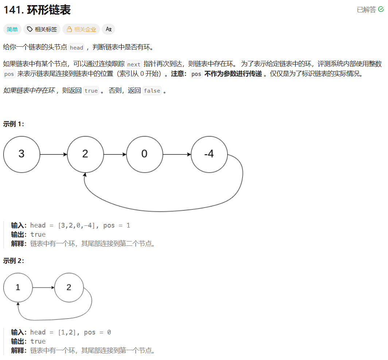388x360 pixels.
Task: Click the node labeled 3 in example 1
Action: (22, 154)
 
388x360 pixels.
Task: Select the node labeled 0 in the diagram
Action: (144, 154)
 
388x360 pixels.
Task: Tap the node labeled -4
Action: (209, 154)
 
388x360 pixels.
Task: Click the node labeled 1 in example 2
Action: (18, 287)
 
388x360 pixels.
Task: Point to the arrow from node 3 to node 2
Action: (54, 154)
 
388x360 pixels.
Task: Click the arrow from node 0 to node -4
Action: (177, 154)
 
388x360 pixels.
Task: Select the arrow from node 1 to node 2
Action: (43, 287)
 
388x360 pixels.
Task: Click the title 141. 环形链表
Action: (37, 10)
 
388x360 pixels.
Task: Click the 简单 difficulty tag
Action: (12, 29)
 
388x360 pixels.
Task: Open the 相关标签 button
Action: (42, 29)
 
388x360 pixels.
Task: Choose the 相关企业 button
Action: (81, 29)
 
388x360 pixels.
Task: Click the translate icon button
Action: (108, 29)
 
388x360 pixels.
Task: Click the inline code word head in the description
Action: (77, 48)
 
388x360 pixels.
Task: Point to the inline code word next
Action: (134, 64)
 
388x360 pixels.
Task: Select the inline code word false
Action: (152, 91)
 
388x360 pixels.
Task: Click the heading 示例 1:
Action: (13, 124)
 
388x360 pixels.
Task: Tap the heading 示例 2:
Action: (13, 261)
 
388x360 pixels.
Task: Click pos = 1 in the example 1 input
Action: (117, 225)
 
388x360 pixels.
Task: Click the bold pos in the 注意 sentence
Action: (196, 74)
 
